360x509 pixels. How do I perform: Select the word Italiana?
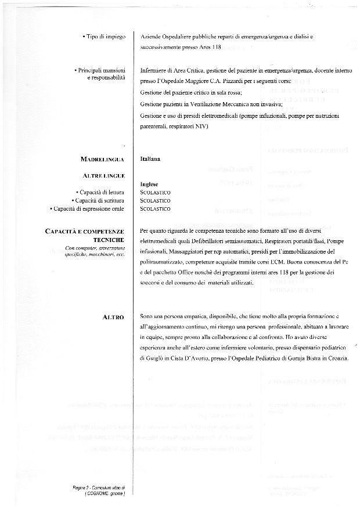[x=150, y=158]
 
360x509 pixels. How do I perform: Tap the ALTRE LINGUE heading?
[x=104, y=175]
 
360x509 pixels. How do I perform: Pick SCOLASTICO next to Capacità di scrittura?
[x=156, y=200]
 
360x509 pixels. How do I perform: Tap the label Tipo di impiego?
[x=103, y=37]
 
